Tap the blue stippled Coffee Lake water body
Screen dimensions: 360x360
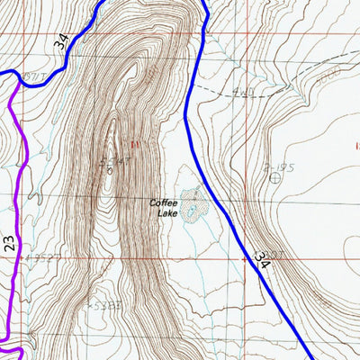tap(192, 205)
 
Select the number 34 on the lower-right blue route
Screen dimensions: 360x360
tap(262, 260)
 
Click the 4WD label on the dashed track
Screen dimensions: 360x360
tap(240, 90)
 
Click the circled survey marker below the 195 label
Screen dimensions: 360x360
tap(274, 177)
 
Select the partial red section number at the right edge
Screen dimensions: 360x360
tap(356, 145)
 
